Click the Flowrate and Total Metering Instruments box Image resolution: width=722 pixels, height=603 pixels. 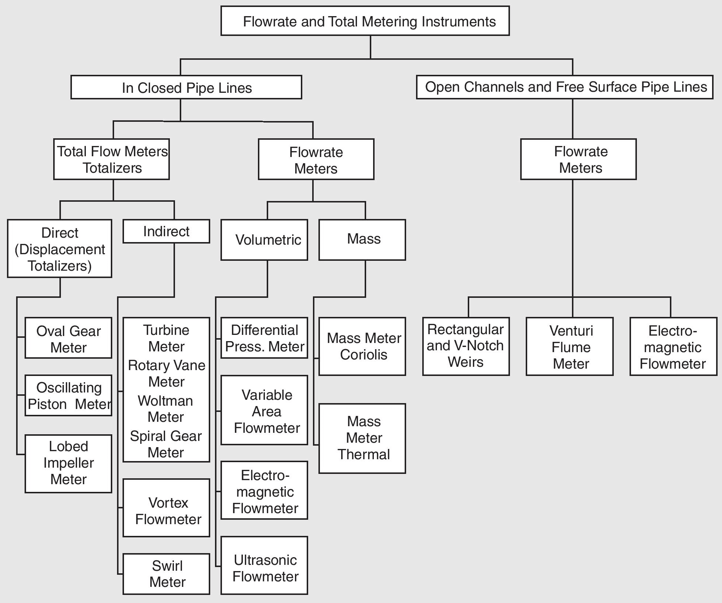click(365, 21)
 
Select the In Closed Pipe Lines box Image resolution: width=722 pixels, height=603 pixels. click(186, 87)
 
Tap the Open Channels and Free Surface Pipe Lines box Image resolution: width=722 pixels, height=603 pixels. click(564, 87)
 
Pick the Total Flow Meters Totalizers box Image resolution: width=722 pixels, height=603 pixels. click(111, 159)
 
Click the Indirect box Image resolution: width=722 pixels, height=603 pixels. click(166, 231)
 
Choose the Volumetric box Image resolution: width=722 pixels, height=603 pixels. click(264, 240)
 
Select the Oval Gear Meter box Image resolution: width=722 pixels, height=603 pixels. click(68, 338)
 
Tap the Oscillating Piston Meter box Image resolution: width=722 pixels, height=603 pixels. click(68, 395)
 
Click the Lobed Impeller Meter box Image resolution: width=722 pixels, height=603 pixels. click(68, 464)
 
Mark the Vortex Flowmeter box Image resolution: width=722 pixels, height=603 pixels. click(166, 508)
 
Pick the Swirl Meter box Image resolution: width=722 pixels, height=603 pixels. click(166, 574)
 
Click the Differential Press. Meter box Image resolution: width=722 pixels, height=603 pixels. click(264, 338)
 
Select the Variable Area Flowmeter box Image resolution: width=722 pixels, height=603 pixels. click(264, 410)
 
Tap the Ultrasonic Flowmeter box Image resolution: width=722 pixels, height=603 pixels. click(264, 565)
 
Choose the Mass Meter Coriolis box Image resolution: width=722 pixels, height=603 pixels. click(362, 346)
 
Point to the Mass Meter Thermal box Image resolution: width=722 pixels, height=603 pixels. click(362, 438)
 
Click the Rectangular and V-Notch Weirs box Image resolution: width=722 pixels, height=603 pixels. click(466, 346)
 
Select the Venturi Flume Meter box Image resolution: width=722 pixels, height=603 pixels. click(569, 346)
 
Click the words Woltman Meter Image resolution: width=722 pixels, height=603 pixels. click(165, 409)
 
